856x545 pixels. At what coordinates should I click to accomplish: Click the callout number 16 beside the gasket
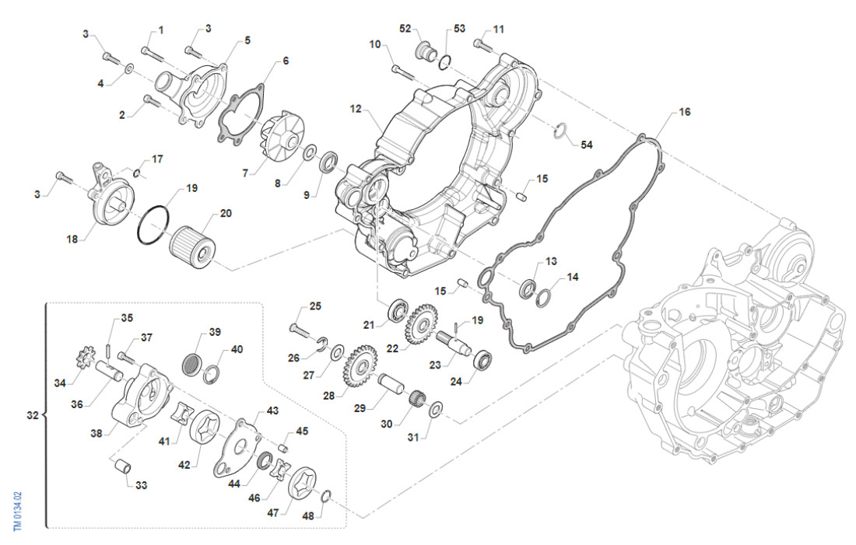(x=684, y=112)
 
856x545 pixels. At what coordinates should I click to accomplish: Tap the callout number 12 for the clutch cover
(x=356, y=110)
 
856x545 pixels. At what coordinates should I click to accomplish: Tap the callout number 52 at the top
(x=405, y=29)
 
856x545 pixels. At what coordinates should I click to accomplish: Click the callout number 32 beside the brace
(x=32, y=415)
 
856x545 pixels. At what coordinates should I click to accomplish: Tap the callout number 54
(x=587, y=145)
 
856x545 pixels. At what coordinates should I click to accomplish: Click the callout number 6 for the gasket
(x=286, y=61)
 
